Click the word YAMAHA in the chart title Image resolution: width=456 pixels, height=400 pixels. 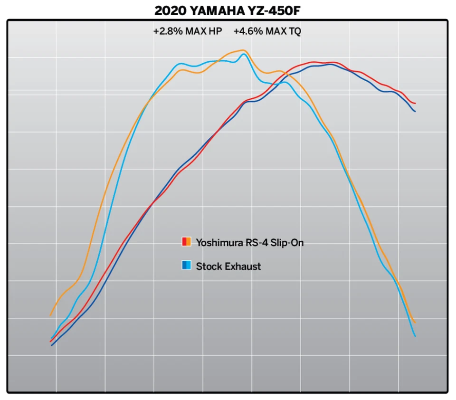coord(221,10)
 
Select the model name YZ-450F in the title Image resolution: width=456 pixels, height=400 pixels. coord(275,10)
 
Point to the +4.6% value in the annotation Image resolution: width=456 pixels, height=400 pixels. coord(245,32)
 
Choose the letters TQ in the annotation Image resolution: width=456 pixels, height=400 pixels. coord(294,32)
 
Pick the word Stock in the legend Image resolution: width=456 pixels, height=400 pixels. coord(207,266)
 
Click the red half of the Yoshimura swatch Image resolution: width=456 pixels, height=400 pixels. coord(184,242)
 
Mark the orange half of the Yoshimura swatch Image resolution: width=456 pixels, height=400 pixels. coord(189,242)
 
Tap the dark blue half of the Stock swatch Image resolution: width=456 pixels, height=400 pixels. coord(184,266)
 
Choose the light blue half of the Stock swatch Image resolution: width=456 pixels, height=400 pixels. coord(189,266)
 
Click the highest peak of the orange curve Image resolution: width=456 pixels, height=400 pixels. coord(243,50)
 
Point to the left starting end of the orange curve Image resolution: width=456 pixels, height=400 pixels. coord(50,315)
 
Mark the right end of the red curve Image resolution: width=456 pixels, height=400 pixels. coord(415,103)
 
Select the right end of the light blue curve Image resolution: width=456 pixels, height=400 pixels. coord(415,336)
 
